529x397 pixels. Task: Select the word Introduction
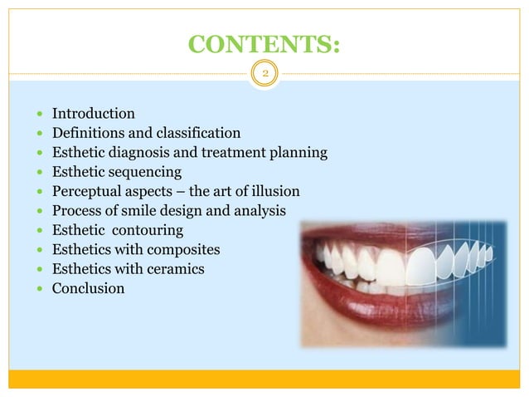93,113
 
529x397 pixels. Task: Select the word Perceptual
87,192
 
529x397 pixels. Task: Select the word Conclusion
89,289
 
